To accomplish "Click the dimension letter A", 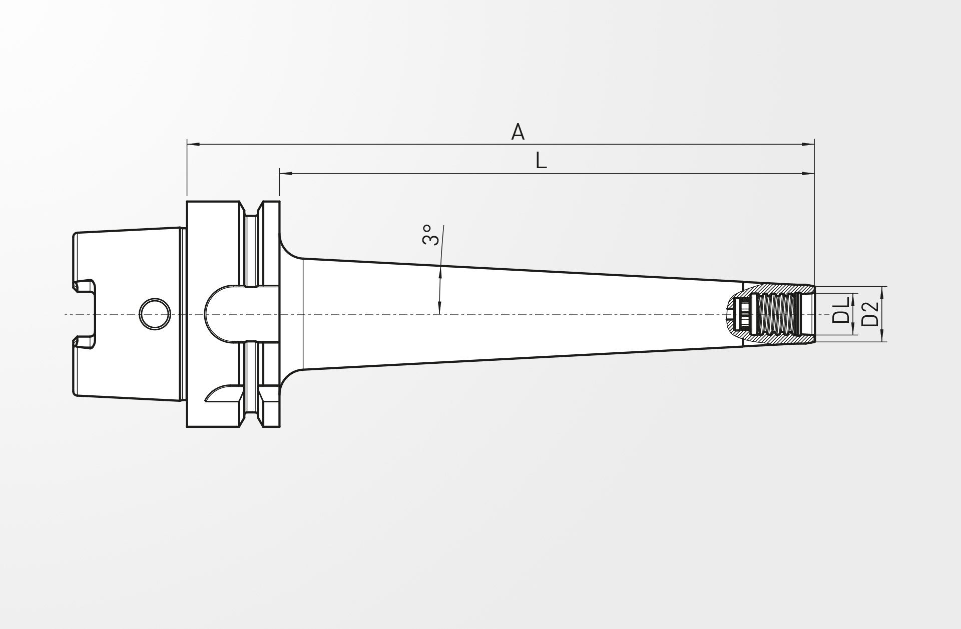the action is tap(518, 132).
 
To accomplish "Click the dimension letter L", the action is tap(541, 161).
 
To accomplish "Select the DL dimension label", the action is tap(841, 310).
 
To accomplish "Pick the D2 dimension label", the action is tap(870, 313).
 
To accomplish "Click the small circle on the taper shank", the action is tap(155, 314).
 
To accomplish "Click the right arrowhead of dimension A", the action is tap(808, 145).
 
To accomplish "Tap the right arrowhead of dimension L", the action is tap(808, 174).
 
